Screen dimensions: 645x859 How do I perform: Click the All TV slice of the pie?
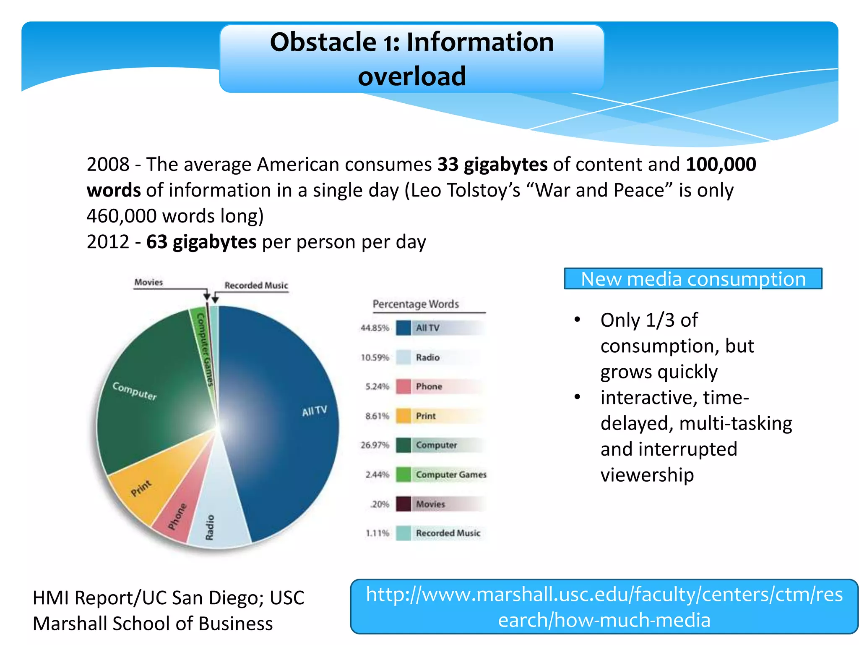pos(285,420)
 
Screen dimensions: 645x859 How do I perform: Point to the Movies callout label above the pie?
pos(148,282)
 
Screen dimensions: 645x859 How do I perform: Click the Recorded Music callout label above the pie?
pos(256,286)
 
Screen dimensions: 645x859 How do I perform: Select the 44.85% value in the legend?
pos(375,328)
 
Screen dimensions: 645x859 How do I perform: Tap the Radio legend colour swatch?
pos(403,357)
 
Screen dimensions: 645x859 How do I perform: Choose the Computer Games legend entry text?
pos(451,475)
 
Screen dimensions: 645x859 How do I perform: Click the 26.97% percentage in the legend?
pos(375,445)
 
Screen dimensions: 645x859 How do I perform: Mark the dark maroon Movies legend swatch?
pos(403,504)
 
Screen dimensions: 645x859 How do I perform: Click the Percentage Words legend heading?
pos(416,304)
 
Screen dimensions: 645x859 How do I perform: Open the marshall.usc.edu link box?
pos(604,607)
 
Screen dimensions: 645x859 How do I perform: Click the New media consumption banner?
pos(693,279)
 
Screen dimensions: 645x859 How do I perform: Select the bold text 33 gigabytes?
pos(492,164)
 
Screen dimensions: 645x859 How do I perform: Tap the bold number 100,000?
pos(721,164)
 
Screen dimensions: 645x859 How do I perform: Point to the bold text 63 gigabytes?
pos(201,242)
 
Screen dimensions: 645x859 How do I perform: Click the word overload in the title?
pos(412,76)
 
